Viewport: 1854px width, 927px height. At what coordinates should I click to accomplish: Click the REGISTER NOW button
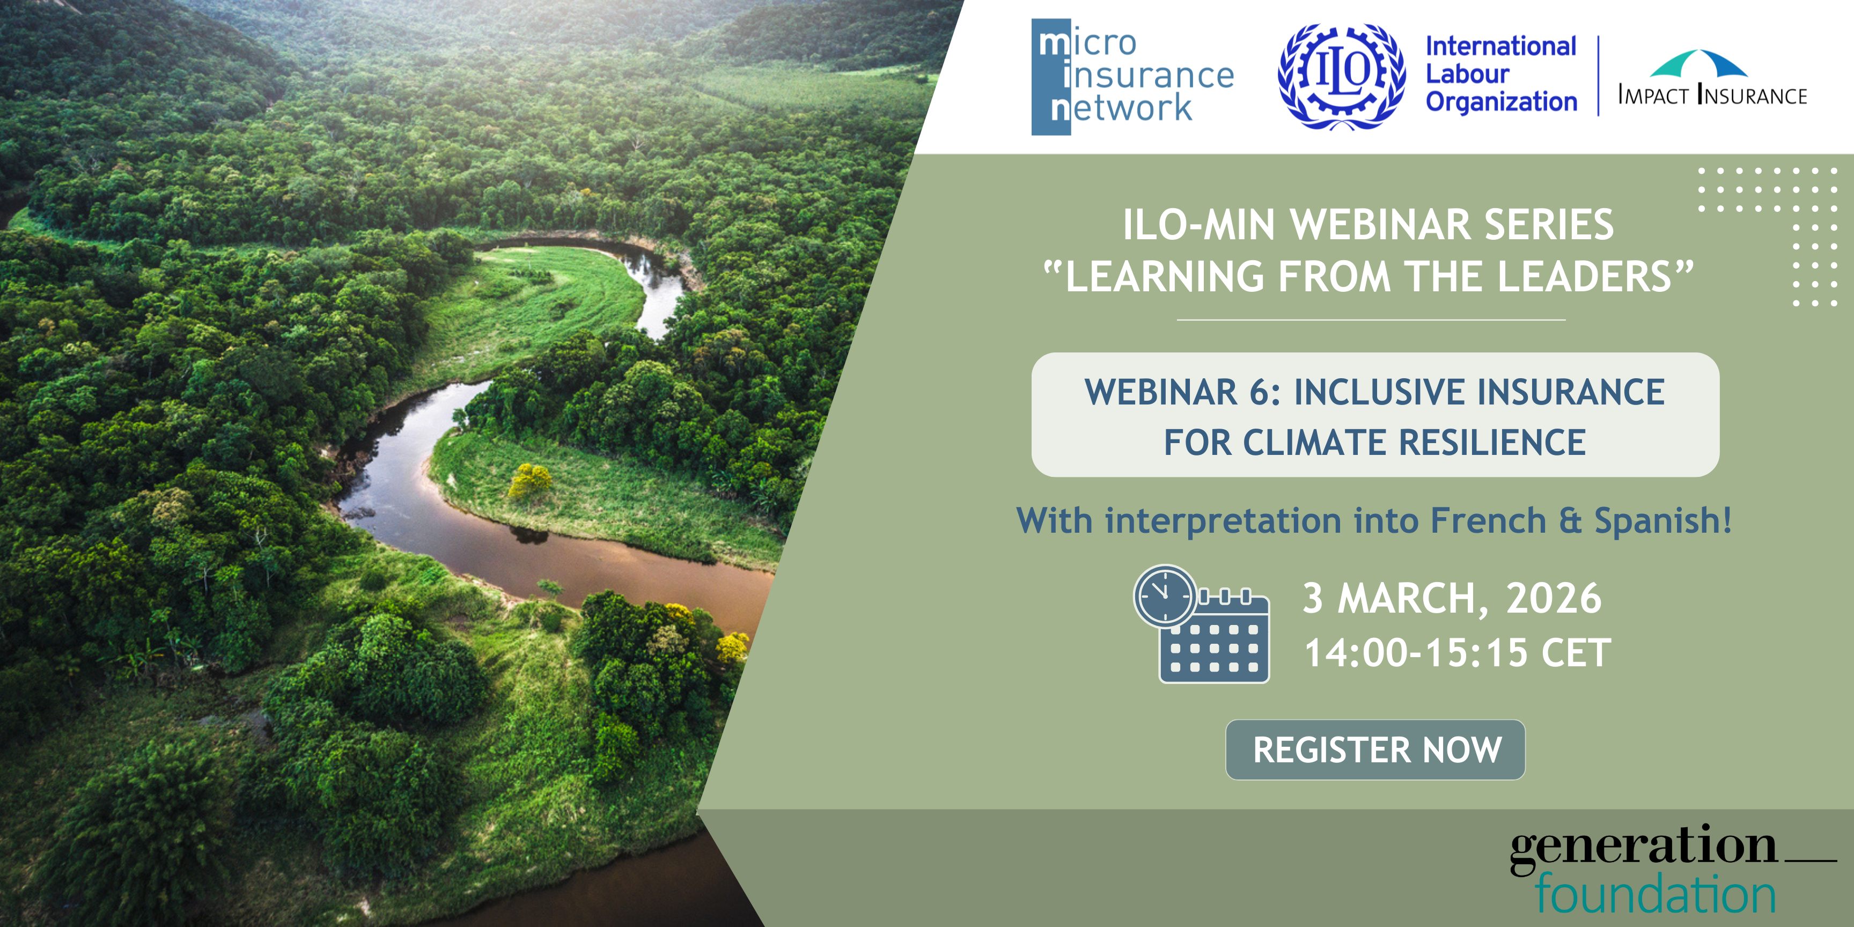[x=1375, y=749]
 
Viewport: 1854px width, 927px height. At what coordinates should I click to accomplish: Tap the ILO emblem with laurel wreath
[x=1342, y=76]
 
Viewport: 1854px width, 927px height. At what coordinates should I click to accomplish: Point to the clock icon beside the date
[x=1165, y=596]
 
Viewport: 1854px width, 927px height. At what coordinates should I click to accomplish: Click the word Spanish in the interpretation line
[x=1662, y=521]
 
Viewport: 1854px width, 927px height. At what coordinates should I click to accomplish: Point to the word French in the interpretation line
[x=1488, y=520]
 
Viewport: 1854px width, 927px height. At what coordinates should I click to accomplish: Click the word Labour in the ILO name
[x=1468, y=73]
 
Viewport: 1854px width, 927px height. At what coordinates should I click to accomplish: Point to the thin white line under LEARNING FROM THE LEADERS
[x=1371, y=320]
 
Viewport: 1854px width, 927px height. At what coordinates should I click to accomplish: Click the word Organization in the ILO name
[x=1502, y=102]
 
